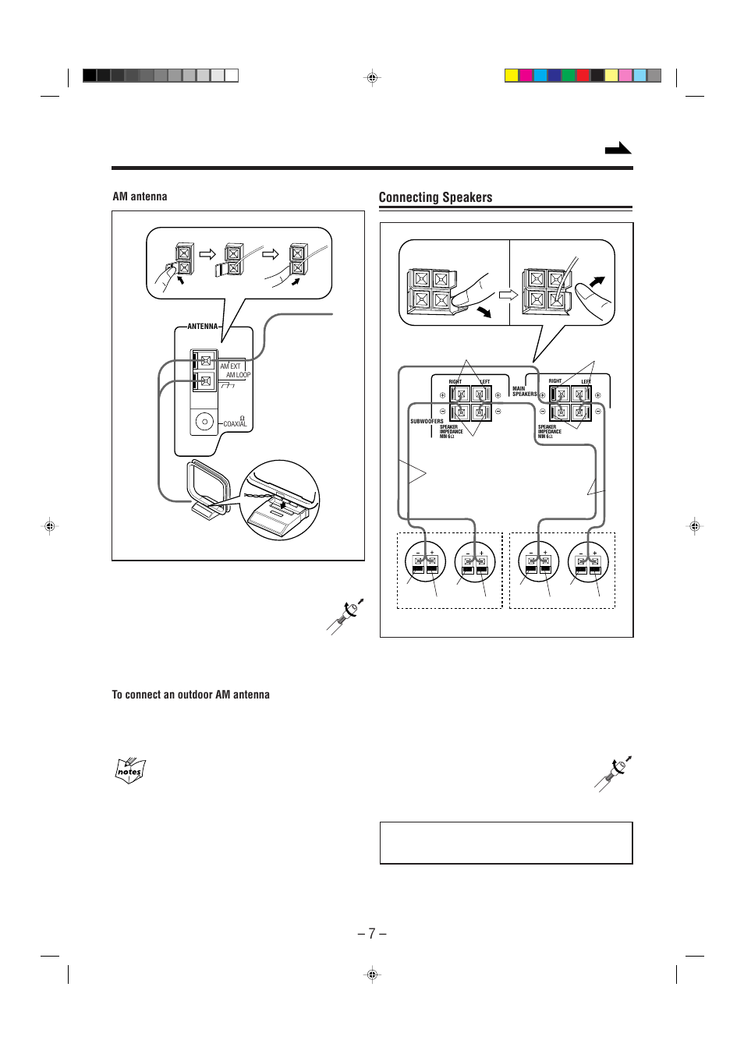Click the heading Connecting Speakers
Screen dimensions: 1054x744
[435, 197]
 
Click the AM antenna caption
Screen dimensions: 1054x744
[140, 196]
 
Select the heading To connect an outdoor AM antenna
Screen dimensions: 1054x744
[190, 695]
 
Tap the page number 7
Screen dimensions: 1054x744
[372, 933]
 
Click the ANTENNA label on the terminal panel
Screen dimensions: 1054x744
[203, 327]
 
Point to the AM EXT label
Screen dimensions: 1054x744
[230, 366]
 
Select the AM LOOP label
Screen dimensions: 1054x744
[239, 375]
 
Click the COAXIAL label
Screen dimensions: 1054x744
[235, 423]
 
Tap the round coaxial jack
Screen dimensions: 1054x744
[204, 422]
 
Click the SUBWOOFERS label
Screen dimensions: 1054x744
[427, 421]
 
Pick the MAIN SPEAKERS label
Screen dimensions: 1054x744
[524, 391]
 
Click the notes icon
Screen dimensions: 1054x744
[129, 771]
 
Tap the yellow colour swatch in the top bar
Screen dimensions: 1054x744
[512, 76]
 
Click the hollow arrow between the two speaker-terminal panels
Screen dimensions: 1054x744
[508, 295]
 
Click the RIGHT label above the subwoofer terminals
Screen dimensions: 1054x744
[455, 382]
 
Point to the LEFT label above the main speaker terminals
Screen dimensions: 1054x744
[586, 381]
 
